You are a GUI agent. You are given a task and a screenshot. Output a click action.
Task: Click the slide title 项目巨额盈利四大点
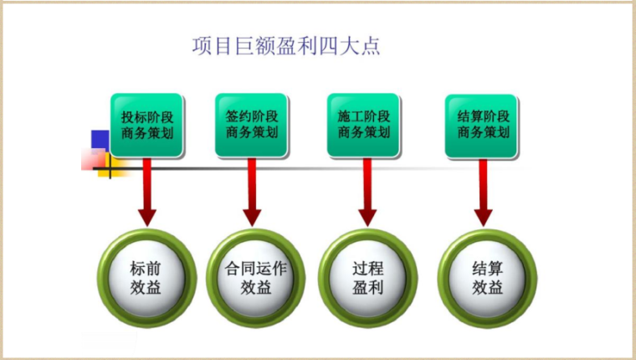pyautogui.click(x=286, y=45)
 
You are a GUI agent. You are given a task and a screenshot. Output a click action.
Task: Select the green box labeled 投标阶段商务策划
pyautogui.click(x=146, y=126)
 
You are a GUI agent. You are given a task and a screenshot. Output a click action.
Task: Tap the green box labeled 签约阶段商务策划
pyautogui.click(x=251, y=126)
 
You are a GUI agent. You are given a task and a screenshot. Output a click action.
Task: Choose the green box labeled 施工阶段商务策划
pyautogui.click(x=364, y=126)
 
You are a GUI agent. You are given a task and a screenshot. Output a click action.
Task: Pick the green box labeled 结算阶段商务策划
pyautogui.click(x=482, y=126)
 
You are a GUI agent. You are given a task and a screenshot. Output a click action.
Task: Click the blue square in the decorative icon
pyautogui.click(x=100, y=140)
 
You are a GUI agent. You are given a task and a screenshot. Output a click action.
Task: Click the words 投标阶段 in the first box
pyautogui.click(x=146, y=116)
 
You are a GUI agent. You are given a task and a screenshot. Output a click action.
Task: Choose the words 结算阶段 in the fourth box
pyautogui.click(x=482, y=116)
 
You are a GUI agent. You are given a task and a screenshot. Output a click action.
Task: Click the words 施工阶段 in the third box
pyautogui.click(x=364, y=116)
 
